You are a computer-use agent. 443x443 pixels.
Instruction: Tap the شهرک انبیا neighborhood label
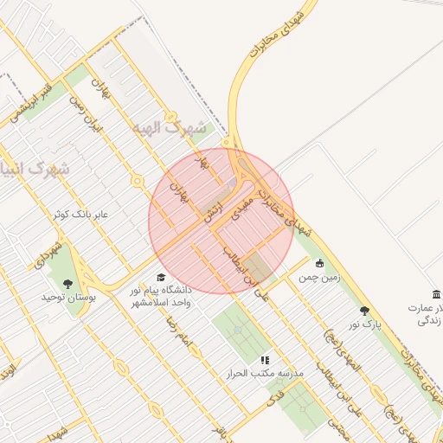(36, 168)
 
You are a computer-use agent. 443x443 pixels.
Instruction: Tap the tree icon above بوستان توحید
(67, 282)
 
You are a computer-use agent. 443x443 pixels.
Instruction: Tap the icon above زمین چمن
(320, 263)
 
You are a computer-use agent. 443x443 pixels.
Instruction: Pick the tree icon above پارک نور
(364, 310)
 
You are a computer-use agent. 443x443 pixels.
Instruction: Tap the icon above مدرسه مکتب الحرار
(265, 358)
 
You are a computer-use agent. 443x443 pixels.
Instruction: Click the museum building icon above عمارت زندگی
(436, 294)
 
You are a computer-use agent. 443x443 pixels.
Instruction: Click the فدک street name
(276, 399)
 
